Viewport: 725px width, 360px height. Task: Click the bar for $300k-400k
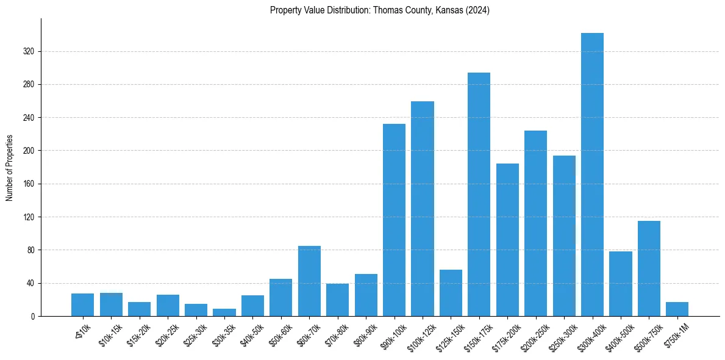coord(592,175)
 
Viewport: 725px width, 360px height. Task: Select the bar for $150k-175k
coord(479,194)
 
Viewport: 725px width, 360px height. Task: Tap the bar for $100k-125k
coord(422,209)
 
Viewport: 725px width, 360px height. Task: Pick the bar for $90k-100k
coord(394,220)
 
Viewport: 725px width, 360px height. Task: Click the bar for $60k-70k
coord(309,281)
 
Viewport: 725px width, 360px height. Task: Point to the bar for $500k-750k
coord(649,268)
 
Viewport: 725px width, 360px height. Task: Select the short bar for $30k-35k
coord(224,312)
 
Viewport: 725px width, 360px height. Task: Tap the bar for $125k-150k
coord(451,293)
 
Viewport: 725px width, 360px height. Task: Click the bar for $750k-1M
coord(677,309)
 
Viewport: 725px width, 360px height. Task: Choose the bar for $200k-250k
coord(535,223)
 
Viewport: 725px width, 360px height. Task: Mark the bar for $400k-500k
coord(620,284)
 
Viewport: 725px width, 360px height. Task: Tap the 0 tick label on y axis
coord(33,317)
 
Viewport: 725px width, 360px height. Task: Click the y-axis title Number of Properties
coord(9,168)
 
